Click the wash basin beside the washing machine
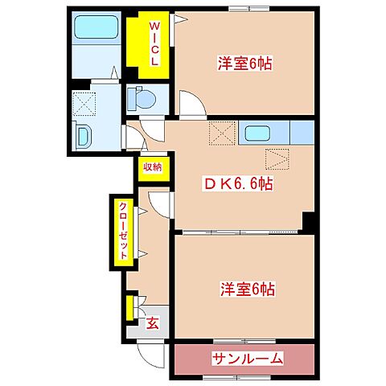tap(82, 134)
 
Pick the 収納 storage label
tap(152, 168)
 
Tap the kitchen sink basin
tap(258, 133)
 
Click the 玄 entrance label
tap(151, 324)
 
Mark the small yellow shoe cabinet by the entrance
tap(129, 308)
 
